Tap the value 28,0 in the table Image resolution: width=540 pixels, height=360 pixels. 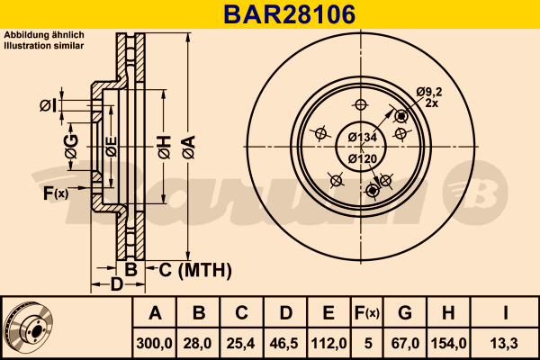tap(199, 342)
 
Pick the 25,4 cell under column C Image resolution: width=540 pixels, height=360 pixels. tap(241, 342)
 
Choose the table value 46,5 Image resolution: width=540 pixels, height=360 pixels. tap(285, 342)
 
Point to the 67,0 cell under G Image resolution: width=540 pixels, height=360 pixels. tap(405, 342)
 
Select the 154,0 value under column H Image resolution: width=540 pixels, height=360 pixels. tap(449, 342)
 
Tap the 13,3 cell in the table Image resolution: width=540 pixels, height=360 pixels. tap(507, 342)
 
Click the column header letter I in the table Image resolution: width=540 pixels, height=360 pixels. tap(507, 313)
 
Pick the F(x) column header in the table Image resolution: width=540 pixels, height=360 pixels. tap(367, 313)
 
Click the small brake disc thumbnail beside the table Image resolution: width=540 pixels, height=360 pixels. tap(27, 328)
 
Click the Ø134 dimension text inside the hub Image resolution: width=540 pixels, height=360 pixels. tap(362, 137)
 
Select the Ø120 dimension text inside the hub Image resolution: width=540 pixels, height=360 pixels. tap(362, 158)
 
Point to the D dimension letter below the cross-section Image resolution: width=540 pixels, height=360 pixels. tap(116, 285)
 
